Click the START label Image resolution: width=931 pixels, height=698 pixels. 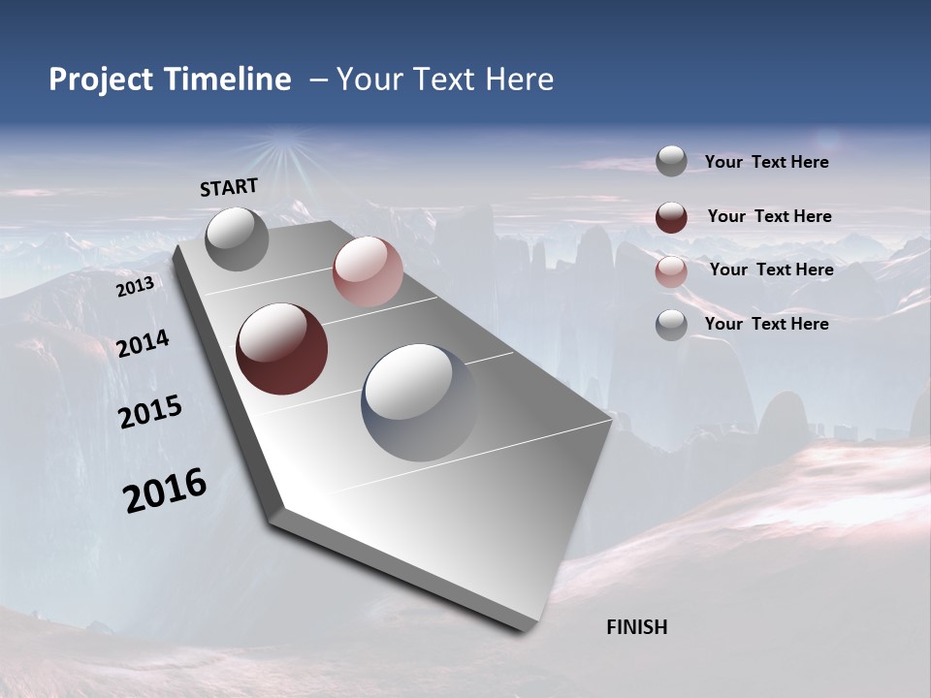click(229, 187)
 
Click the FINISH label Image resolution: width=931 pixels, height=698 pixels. click(636, 627)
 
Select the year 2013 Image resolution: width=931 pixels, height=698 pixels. click(135, 287)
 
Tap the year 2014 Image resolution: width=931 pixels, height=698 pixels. click(143, 343)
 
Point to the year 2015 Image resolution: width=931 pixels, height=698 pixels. click(150, 412)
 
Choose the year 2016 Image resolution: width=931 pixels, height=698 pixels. click(165, 491)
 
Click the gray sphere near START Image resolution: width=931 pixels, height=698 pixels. click(237, 238)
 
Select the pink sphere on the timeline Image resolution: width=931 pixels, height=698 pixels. click(368, 271)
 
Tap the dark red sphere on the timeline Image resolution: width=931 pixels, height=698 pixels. click(282, 349)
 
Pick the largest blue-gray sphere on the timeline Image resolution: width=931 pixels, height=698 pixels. click(420, 402)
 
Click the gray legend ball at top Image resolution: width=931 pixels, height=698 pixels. click(671, 161)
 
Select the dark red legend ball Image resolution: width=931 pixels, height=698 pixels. click(671, 217)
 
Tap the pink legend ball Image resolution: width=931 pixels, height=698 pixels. click(671, 271)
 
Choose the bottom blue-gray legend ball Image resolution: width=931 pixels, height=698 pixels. click(671, 325)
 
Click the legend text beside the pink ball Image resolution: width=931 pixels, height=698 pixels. click(771, 270)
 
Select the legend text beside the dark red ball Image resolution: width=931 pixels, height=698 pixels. click(769, 216)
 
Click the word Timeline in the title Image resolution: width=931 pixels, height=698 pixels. click(228, 79)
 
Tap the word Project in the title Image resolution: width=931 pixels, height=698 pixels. click(102, 79)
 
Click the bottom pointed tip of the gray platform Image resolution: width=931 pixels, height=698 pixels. click(524, 628)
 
